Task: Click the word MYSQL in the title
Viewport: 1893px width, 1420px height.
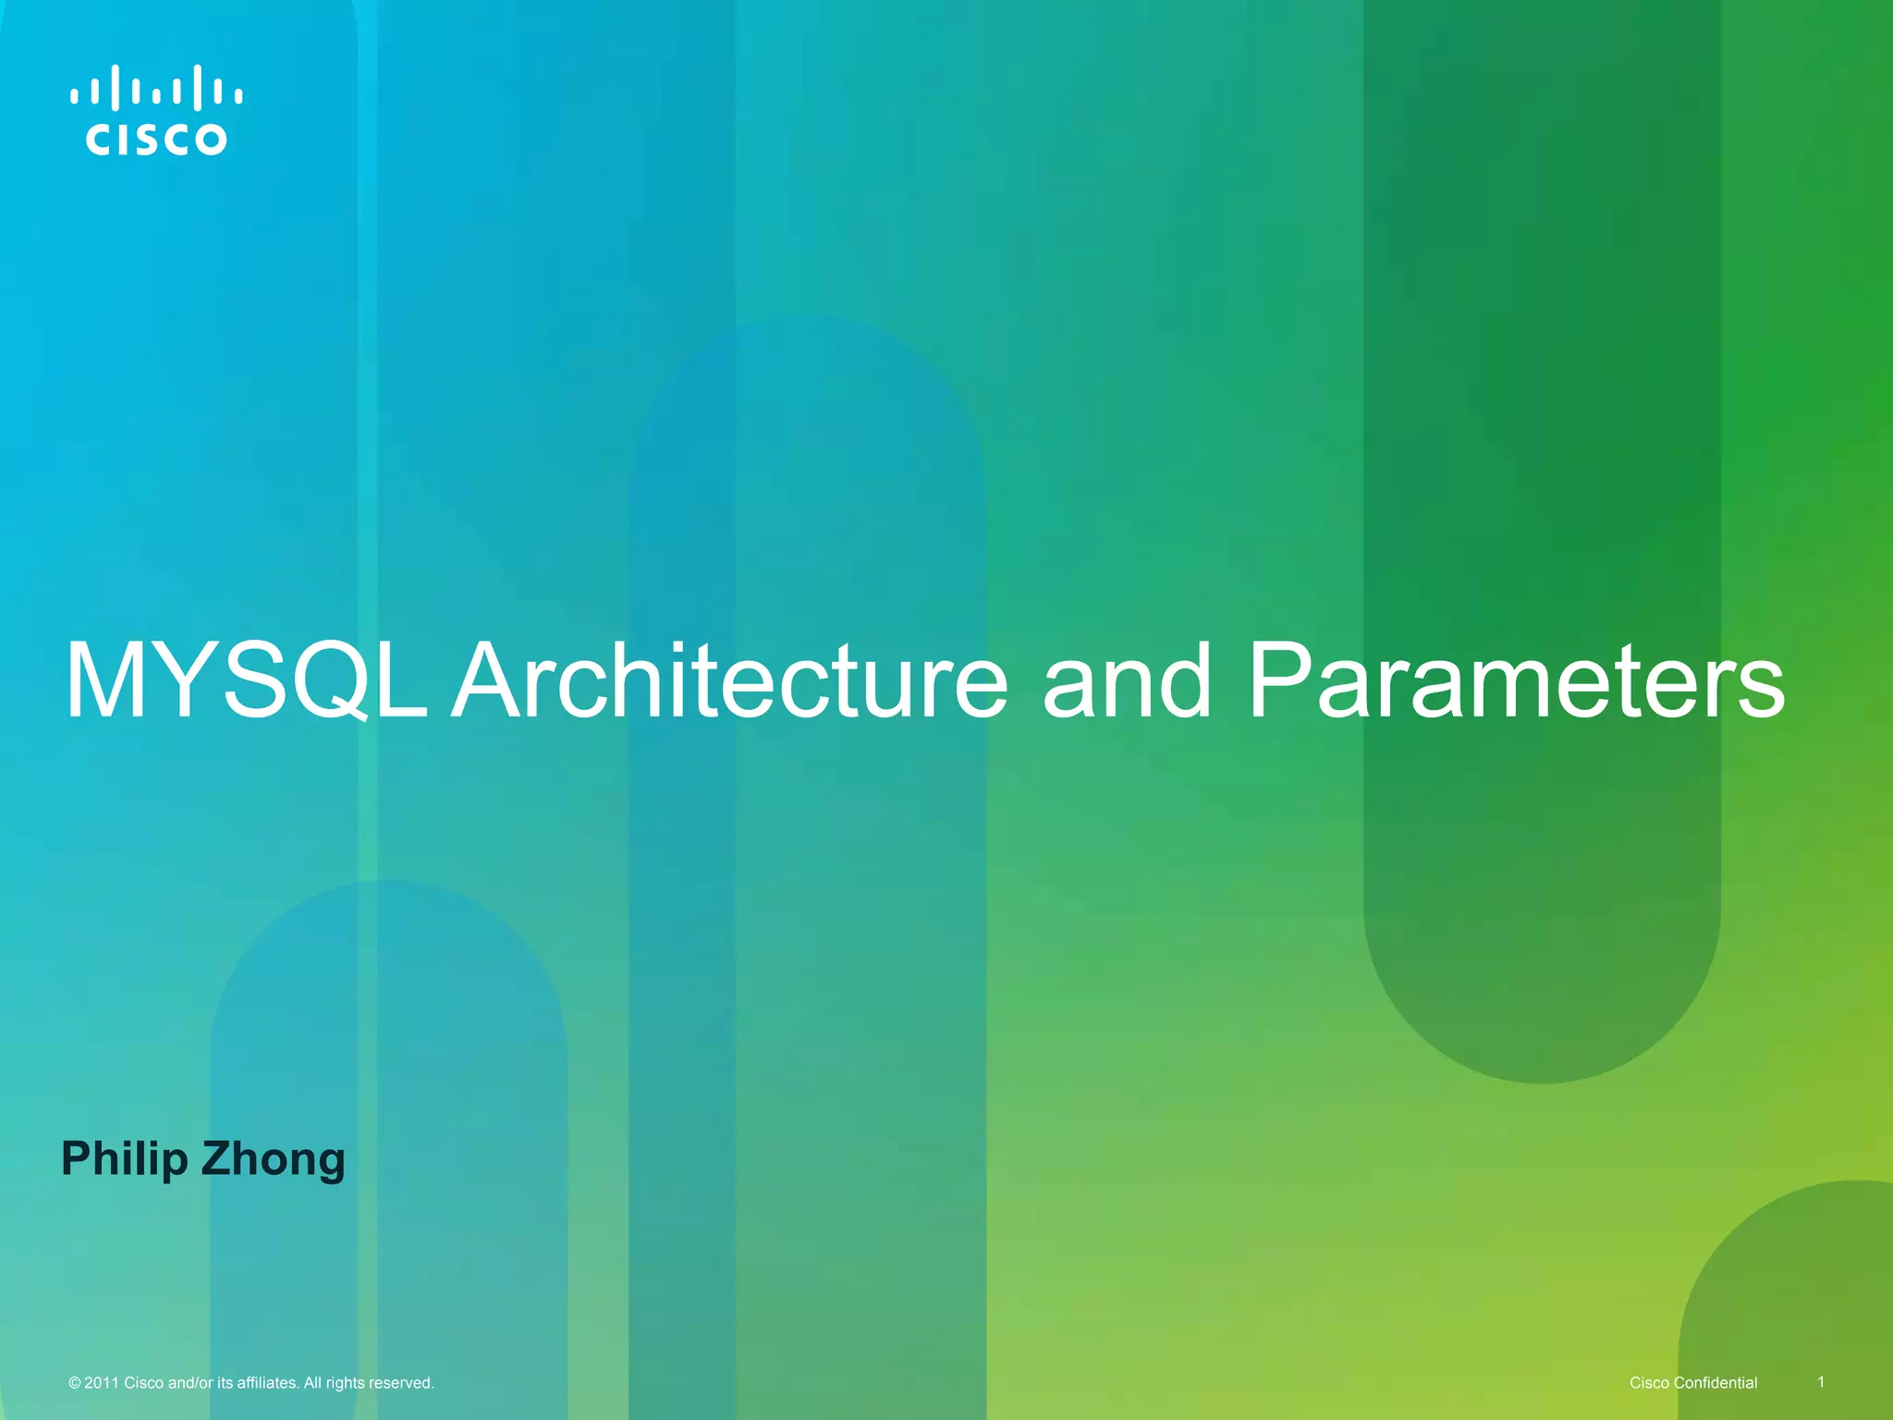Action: click(246, 682)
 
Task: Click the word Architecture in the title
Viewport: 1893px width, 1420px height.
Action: click(730, 682)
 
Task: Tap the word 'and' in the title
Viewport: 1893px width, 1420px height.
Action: click(1127, 682)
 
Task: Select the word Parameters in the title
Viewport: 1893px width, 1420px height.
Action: click(1516, 682)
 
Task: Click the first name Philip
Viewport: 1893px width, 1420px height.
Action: click(124, 1159)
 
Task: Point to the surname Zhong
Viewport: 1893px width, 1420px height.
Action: click(274, 1159)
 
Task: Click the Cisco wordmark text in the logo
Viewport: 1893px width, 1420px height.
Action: click(156, 140)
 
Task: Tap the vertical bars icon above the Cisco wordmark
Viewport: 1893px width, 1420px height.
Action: click(156, 89)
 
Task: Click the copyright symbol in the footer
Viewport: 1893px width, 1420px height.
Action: click(75, 1383)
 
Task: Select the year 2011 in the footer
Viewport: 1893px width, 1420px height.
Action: click(102, 1383)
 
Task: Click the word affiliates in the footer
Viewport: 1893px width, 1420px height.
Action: click(267, 1383)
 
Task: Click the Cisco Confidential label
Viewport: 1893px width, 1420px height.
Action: click(1693, 1383)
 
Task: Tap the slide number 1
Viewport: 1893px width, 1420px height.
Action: click(1821, 1382)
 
